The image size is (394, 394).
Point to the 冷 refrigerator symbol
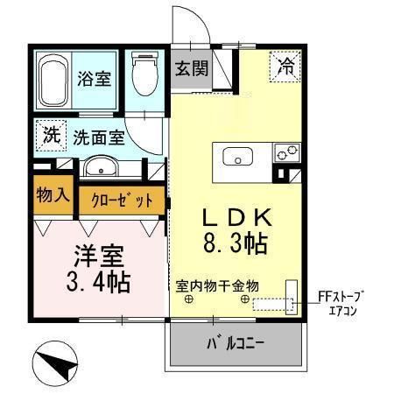(286, 64)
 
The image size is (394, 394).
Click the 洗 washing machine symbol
(51, 136)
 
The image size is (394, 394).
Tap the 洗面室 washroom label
(97, 137)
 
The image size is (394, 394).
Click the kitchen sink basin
(236, 158)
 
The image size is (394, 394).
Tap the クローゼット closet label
(123, 201)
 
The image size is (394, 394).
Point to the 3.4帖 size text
(97, 283)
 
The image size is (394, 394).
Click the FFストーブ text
(340, 296)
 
